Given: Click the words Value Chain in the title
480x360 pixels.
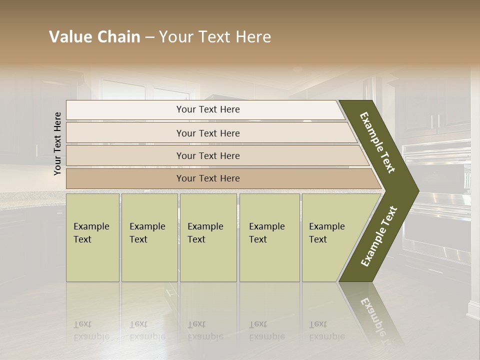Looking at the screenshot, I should [94, 37].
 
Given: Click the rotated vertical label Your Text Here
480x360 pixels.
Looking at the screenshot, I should [57, 143].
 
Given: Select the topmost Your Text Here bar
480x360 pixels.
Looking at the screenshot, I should [207, 109].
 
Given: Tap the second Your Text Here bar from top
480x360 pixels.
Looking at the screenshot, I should [207, 133].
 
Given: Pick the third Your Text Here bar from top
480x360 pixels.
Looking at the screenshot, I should [207, 155].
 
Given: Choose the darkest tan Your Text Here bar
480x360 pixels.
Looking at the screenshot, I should [207, 178].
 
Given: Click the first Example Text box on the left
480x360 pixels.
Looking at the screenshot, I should [92, 237].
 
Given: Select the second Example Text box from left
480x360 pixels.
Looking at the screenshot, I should [149, 237].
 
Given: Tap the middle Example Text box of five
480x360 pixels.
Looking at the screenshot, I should [207, 237].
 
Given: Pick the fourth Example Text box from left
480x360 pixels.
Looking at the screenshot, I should [269, 237].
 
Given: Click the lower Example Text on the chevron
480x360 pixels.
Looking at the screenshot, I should [379, 236].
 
